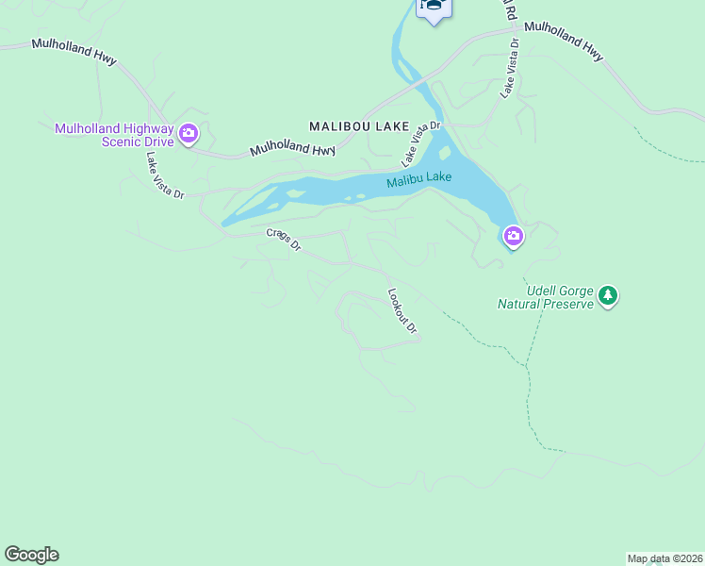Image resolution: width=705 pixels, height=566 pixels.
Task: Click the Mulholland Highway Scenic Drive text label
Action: tap(114, 135)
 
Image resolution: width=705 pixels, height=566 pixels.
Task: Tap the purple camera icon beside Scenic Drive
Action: tap(189, 133)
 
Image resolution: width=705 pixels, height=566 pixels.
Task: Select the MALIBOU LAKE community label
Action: tap(359, 125)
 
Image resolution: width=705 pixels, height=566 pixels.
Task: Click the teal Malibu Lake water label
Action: tap(418, 179)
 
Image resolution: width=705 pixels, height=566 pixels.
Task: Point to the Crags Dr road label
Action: tap(283, 240)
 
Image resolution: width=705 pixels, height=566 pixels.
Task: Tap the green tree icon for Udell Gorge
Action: tap(609, 296)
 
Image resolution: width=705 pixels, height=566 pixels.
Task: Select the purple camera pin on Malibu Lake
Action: tap(513, 235)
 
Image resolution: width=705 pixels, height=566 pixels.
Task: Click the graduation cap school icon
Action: tap(434, 6)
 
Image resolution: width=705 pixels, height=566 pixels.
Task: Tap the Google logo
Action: tap(32, 555)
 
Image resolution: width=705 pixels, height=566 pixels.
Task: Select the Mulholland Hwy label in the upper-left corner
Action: tap(74, 51)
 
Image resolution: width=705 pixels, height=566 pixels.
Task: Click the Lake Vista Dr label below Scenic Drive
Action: tap(165, 175)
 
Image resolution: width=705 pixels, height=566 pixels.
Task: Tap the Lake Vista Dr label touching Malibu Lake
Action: tap(421, 140)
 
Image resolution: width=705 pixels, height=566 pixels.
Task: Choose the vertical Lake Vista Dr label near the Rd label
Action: tap(510, 68)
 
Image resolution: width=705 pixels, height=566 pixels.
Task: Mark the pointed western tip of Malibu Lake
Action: tap(223, 225)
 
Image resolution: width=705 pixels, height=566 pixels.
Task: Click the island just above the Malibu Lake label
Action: tap(445, 153)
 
